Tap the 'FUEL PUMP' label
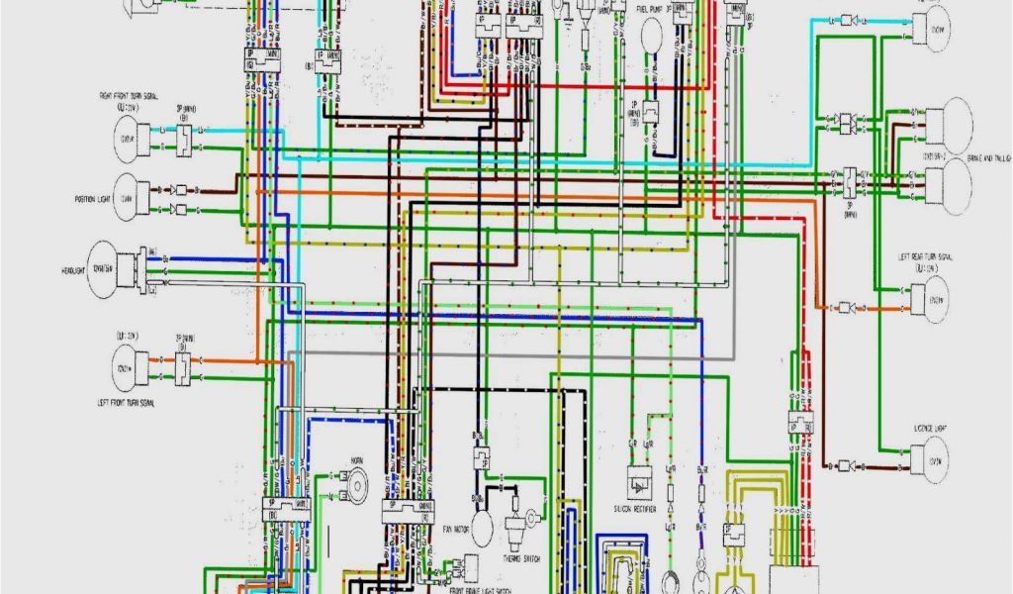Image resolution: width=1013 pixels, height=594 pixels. (656, 11)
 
